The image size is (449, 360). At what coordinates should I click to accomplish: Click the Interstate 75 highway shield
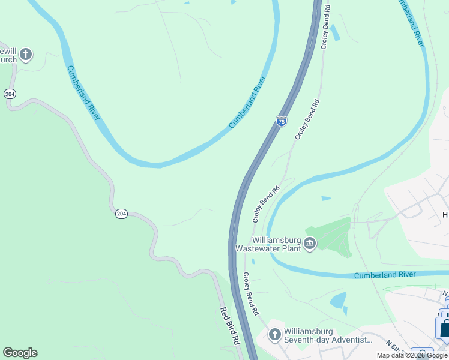282,121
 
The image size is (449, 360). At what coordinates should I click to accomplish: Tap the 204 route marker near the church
9,94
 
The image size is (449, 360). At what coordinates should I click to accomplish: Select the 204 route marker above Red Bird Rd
121,214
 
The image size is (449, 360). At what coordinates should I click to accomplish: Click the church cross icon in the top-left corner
25,55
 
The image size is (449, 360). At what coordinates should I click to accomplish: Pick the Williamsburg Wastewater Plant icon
310,243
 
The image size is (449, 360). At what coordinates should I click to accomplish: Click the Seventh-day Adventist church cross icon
274,334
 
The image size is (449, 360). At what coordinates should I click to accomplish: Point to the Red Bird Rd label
230,326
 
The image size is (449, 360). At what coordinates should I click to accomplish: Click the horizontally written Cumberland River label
385,275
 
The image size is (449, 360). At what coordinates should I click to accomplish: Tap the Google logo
20,353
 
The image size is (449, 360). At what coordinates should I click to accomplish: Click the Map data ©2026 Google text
412,355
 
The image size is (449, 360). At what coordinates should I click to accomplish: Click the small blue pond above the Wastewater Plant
325,198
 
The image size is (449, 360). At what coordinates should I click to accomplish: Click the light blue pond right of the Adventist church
339,299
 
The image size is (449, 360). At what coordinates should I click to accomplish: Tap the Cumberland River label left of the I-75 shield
247,102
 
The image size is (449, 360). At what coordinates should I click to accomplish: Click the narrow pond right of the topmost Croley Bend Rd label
335,32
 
